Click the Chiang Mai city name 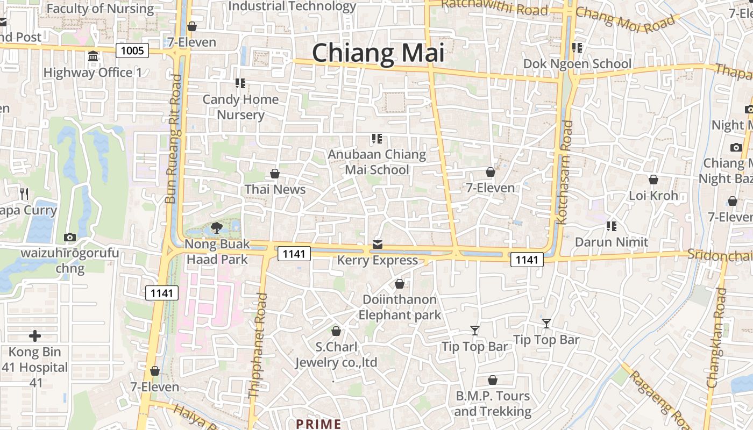[378, 53]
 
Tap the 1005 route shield [132, 51]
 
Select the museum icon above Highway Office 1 [93, 56]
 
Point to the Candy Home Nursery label [240, 107]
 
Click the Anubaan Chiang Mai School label [377, 162]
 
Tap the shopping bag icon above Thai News [275, 174]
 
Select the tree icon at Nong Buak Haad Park [217, 228]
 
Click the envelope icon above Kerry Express [378, 245]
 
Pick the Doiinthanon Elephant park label [400, 307]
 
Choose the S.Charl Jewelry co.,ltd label [336, 355]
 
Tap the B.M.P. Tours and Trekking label [493, 404]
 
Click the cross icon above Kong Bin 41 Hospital [35, 336]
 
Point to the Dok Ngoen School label [577, 64]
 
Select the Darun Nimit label [612, 242]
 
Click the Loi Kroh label [653, 195]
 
